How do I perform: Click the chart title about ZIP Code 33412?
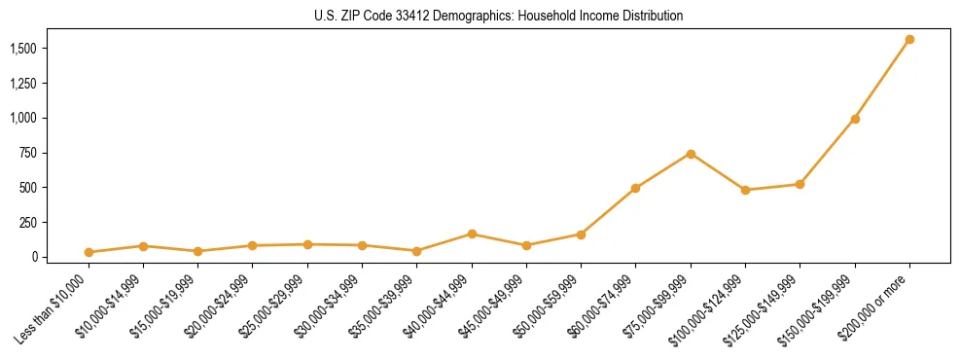(x=480, y=17)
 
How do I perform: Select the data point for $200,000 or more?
(x=909, y=40)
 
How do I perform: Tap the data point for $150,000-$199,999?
(x=855, y=119)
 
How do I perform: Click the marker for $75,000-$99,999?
(x=691, y=154)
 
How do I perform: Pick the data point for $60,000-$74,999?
(x=635, y=188)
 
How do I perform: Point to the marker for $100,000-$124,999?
(x=745, y=190)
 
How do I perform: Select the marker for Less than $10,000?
(x=89, y=252)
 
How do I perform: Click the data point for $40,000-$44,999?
(x=472, y=234)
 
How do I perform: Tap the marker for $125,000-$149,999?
(x=800, y=184)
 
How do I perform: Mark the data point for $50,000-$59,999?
(x=581, y=234)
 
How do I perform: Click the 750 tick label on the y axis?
(x=27, y=153)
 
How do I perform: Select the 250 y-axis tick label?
(x=27, y=223)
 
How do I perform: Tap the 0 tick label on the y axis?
(x=33, y=257)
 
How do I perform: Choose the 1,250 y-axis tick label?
(x=23, y=84)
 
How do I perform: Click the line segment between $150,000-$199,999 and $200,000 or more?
(x=882, y=80)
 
